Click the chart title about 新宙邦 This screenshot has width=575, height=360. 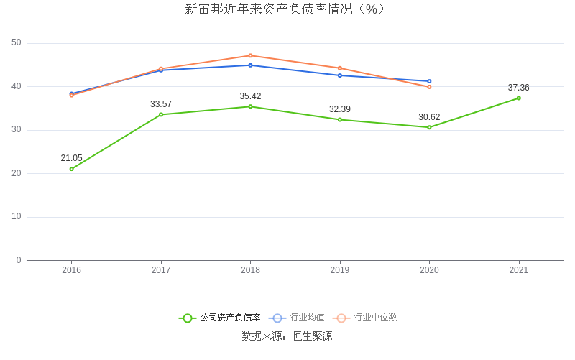286,9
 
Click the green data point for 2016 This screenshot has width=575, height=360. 72,169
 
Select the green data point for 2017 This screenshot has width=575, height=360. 161,114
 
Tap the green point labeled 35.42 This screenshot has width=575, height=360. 250,106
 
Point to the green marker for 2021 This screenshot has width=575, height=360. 519,98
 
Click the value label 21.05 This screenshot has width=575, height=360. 71,158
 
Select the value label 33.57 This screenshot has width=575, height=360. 161,104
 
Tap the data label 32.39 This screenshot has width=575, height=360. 340,109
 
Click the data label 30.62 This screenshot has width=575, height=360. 429,117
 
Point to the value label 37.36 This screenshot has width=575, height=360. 518,88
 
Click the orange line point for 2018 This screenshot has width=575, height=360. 250,55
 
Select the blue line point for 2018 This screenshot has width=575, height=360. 250,65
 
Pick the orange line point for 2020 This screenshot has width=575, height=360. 429,87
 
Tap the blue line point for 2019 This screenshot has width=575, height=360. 340,75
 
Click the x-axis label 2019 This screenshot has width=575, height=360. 340,270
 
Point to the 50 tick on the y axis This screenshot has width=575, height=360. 17,43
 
